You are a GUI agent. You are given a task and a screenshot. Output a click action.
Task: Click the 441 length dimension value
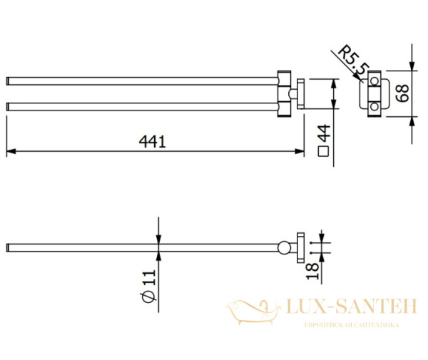coord(153,141)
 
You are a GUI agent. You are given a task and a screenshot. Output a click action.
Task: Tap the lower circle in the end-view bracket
coord(372,107)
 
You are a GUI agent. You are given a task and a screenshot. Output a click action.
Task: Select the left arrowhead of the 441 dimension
coord(10,151)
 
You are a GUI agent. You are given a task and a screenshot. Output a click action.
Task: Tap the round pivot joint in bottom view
coord(285,247)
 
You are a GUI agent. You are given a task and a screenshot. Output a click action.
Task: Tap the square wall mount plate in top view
coord(300,93)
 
